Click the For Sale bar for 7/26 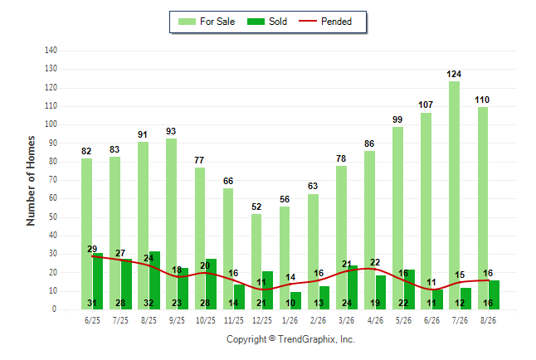455,195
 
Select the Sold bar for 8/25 154,280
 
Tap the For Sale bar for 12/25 256,261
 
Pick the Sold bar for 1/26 295,301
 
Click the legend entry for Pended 325,22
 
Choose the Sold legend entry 267,22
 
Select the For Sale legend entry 207,22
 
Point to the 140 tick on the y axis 51,51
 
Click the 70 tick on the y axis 52,180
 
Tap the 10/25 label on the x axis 206,320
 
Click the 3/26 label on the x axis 346,320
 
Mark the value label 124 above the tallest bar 454,74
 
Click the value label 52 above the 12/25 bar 256,207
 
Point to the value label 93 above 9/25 171,131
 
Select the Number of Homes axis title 31,181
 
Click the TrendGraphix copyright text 290,339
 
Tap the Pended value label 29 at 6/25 92,249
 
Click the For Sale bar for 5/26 398,218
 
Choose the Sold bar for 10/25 211,285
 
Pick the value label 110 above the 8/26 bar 482,100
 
